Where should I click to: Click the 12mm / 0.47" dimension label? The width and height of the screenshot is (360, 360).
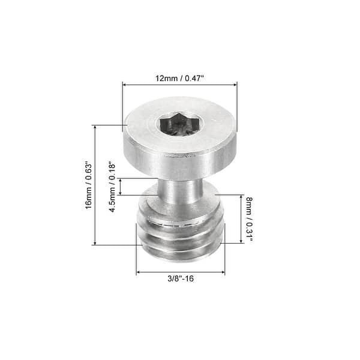tap(179, 77)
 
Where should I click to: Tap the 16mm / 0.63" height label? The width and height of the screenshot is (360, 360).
tap(88, 185)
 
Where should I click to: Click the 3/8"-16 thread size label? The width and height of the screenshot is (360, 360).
tap(180, 279)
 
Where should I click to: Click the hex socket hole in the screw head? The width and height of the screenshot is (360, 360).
tap(179, 125)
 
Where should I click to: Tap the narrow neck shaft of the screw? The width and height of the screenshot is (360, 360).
tap(179, 191)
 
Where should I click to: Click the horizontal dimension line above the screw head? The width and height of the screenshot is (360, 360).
tap(179, 85)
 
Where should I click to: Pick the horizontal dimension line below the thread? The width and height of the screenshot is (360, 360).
tap(180, 272)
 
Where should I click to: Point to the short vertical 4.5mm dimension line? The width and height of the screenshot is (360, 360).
tap(121, 187)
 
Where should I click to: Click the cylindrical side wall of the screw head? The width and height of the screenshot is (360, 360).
tap(179, 155)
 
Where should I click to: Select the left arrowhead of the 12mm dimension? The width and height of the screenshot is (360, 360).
tap(125, 85)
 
